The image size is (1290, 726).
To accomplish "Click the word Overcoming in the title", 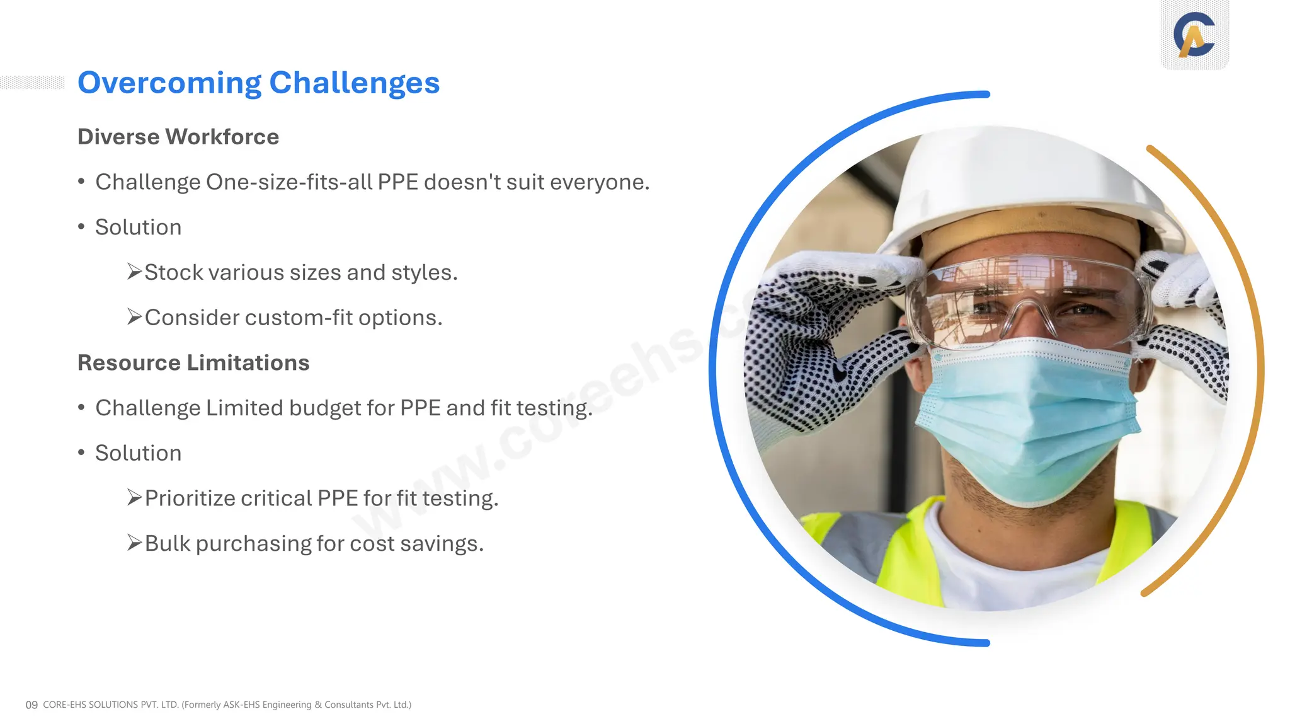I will tap(169, 83).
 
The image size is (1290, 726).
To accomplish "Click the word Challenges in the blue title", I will tap(354, 83).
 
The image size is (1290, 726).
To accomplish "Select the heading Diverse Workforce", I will tap(178, 137).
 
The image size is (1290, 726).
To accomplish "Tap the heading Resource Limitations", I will tap(193, 363).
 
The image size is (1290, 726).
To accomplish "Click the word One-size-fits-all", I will tap(289, 182).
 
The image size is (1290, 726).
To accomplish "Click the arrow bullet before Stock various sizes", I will tap(134, 272).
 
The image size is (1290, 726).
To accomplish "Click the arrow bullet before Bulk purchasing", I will tap(134, 543).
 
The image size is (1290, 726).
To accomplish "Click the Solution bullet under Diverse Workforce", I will tap(138, 228).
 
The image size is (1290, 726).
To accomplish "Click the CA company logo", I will tap(1194, 35).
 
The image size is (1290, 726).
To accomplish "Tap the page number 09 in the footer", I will tap(31, 705).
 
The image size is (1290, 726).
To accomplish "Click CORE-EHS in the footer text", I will tap(64, 705).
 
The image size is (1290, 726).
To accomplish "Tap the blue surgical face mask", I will tap(1027, 416).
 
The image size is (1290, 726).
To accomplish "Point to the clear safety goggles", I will tap(1027, 302).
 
